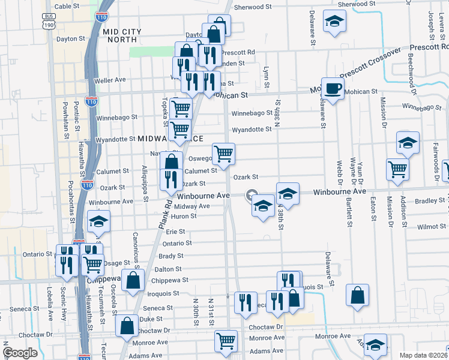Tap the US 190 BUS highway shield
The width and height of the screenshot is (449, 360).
(49, 22)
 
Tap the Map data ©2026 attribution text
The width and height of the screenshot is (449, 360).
(423, 355)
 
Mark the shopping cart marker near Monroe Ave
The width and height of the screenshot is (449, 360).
(226, 341)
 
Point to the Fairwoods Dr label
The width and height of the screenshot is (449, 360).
(434, 154)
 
